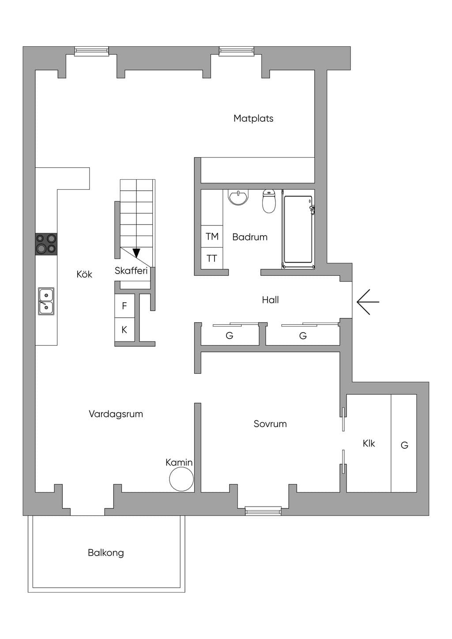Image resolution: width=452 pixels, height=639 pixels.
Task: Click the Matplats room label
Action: click(253, 118)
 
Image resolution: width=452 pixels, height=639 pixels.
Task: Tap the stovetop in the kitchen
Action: click(46, 244)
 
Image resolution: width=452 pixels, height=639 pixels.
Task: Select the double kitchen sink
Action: click(46, 301)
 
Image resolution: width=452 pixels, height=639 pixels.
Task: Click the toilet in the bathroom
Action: click(269, 201)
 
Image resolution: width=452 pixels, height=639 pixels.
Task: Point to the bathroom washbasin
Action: click(238, 197)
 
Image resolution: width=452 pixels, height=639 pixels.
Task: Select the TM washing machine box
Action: click(212, 237)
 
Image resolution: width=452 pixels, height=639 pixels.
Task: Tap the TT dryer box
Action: click(212, 258)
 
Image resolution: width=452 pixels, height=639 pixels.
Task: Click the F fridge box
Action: click(124, 306)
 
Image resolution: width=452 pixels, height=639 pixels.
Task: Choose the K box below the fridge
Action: click(124, 330)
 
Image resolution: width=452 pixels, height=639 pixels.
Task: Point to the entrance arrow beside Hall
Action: click(368, 302)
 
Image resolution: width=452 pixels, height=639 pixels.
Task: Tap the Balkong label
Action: click(106, 553)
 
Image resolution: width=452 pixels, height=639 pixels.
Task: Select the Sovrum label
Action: click(270, 424)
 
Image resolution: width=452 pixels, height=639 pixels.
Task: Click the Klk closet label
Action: click(369, 444)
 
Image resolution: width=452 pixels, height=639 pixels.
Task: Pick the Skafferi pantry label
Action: click(131, 271)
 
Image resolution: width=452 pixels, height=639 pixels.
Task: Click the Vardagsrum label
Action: click(116, 414)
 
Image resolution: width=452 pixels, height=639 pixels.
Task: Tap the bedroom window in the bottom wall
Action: click(263, 511)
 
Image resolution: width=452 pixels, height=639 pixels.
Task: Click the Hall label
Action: click(270, 300)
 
